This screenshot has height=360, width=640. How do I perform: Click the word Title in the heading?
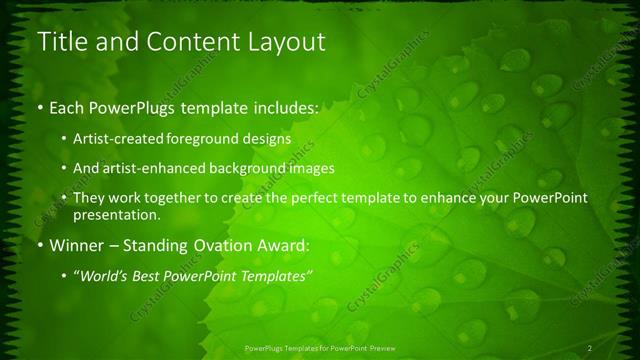[x=60, y=43]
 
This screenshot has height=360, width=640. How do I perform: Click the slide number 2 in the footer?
[x=590, y=347]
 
